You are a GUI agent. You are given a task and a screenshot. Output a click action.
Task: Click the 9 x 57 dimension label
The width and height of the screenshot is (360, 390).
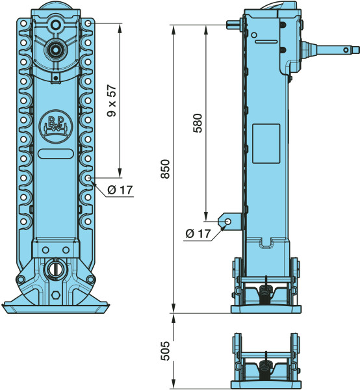[112, 101]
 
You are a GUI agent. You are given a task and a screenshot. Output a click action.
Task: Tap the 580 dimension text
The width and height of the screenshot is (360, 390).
[198, 123]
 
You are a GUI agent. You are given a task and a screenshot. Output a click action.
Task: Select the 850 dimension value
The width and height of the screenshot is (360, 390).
[165, 169]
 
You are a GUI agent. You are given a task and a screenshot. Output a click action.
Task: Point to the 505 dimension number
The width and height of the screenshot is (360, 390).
[165, 351]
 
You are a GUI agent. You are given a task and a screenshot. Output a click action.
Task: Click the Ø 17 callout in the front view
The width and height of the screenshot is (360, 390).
[120, 190]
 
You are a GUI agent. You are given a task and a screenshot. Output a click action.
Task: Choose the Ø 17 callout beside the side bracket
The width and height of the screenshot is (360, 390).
[198, 233]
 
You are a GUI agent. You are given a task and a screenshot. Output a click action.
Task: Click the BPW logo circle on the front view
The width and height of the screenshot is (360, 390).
[56, 126]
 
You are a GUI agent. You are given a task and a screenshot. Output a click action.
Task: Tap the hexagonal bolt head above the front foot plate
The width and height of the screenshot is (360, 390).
[56, 295]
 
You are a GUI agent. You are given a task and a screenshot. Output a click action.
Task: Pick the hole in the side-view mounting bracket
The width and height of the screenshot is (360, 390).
[227, 221]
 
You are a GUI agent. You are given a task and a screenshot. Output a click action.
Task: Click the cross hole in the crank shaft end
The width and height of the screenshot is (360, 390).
[346, 50]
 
